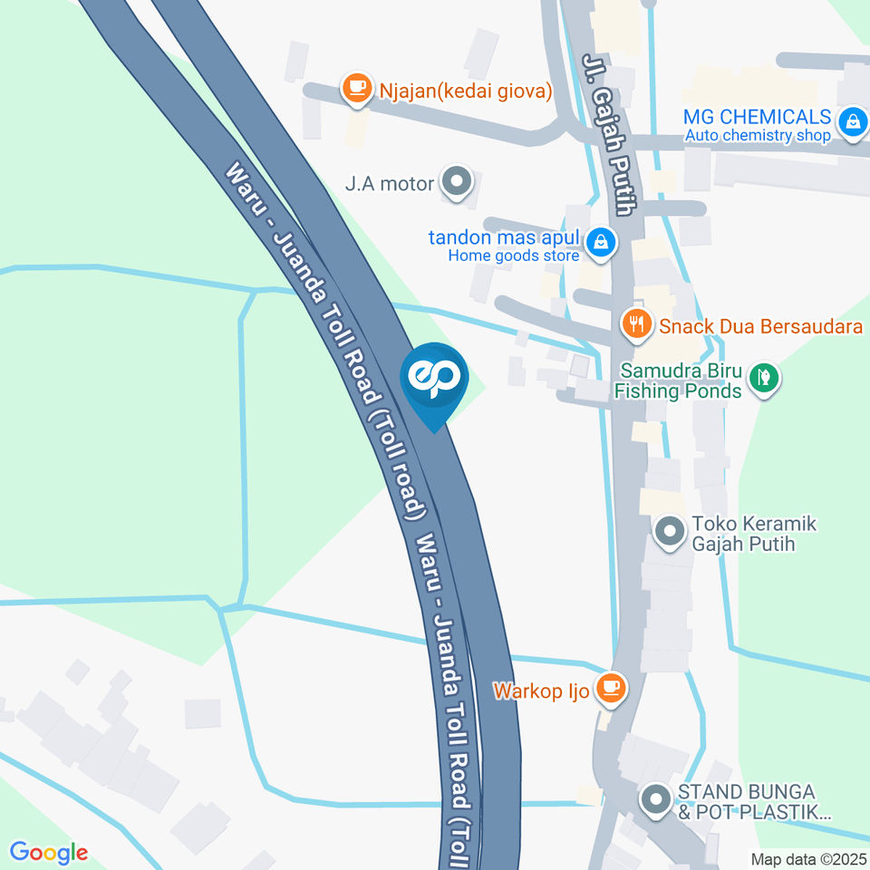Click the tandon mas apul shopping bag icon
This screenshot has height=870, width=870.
click(600, 242)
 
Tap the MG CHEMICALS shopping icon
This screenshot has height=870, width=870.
click(852, 121)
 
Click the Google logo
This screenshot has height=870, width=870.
click(48, 852)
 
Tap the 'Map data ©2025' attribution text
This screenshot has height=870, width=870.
click(808, 858)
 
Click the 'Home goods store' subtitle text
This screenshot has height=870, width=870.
click(513, 256)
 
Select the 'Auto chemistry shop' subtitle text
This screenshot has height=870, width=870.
click(757, 136)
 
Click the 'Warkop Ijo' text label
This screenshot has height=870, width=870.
click(541, 691)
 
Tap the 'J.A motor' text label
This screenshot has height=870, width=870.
click(390, 184)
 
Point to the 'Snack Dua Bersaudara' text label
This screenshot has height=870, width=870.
click(760, 326)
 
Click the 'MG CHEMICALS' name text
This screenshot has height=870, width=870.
click(757, 117)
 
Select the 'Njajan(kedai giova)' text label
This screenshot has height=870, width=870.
click(466, 90)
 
